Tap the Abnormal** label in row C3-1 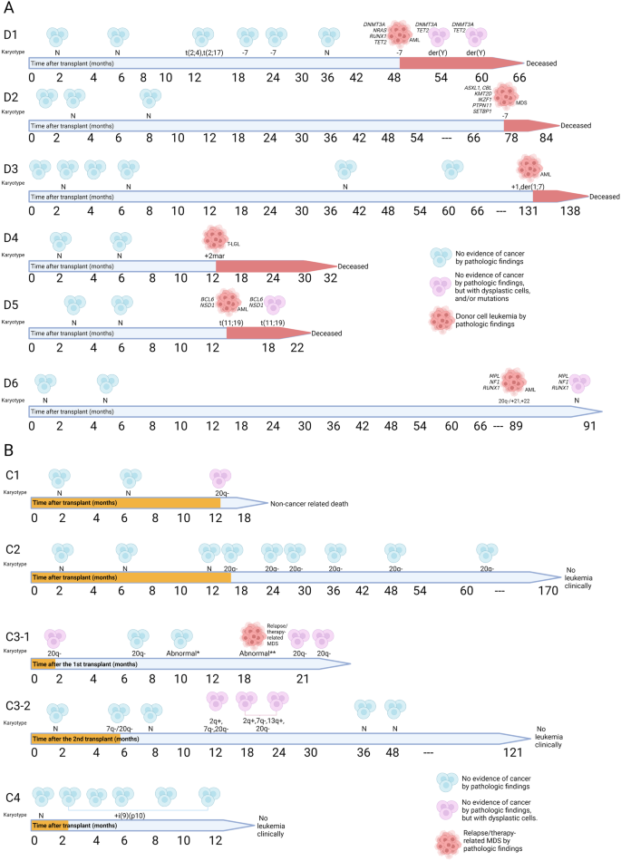257,653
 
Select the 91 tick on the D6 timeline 591,425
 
